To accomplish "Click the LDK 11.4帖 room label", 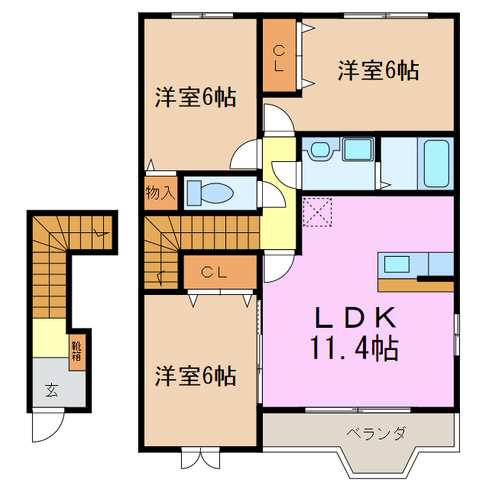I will click(x=353, y=333).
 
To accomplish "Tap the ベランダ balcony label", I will click(x=376, y=433).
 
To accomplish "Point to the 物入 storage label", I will click(x=160, y=193).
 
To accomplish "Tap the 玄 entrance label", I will click(x=51, y=390).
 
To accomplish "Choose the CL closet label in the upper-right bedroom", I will click(x=280, y=59).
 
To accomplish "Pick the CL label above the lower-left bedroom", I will click(x=219, y=272).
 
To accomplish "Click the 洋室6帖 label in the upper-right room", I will click(x=378, y=71).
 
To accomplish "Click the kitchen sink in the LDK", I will click(x=397, y=265).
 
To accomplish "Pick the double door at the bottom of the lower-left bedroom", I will click(x=199, y=458).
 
